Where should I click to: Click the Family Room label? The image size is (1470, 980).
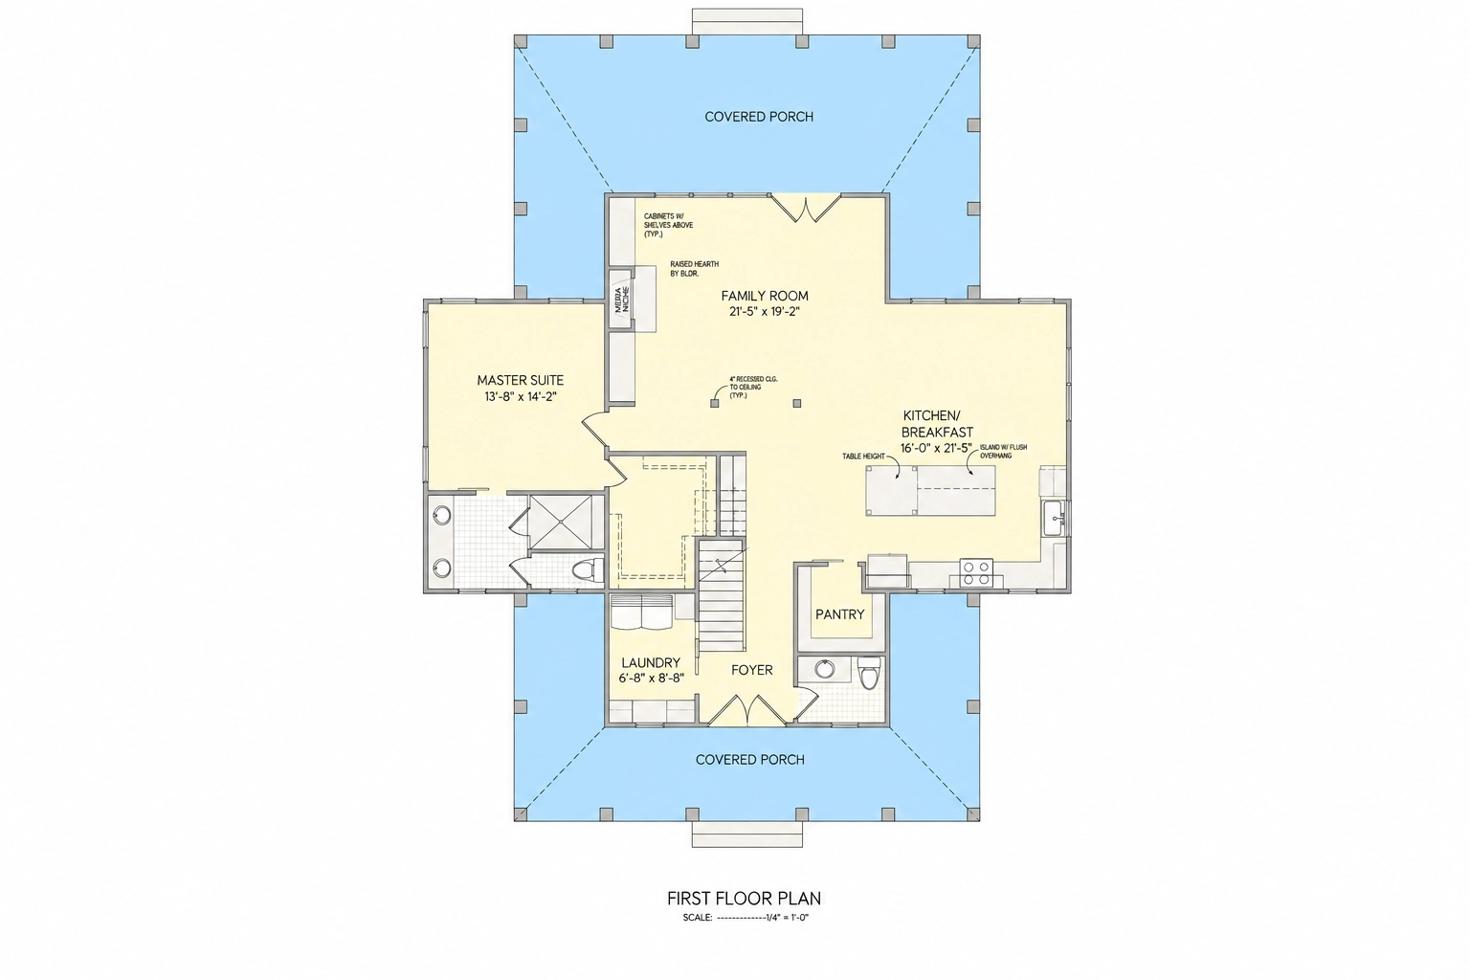(x=765, y=296)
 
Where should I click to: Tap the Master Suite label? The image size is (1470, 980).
(x=520, y=380)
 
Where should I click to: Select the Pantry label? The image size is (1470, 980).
(x=840, y=614)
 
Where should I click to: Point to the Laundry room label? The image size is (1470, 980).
(x=651, y=663)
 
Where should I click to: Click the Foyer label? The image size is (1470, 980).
(x=752, y=670)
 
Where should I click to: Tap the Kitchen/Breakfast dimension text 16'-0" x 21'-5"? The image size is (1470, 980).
(x=936, y=448)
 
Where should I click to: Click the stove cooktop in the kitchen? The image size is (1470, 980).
(x=976, y=571)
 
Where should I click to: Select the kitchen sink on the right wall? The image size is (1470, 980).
(x=1055, y=519)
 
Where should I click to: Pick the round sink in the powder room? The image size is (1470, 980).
(x=824, y=669)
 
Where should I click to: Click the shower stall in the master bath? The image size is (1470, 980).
(x=567, y=523)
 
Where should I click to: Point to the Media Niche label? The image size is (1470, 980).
(x=622, y=300)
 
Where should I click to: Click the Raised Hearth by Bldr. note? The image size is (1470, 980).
(x=694, y=269)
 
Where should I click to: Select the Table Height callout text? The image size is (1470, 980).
(x=863, y=456)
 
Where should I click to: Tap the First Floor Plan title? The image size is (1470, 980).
(x=745, y=898)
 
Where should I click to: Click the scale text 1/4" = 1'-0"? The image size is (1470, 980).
(x=787, y=918)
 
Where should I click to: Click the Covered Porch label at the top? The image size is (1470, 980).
(x=759, y=117)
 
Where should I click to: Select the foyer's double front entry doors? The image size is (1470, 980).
(x=747, y=711)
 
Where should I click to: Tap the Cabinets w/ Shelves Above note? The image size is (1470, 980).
(x=668, y=225)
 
